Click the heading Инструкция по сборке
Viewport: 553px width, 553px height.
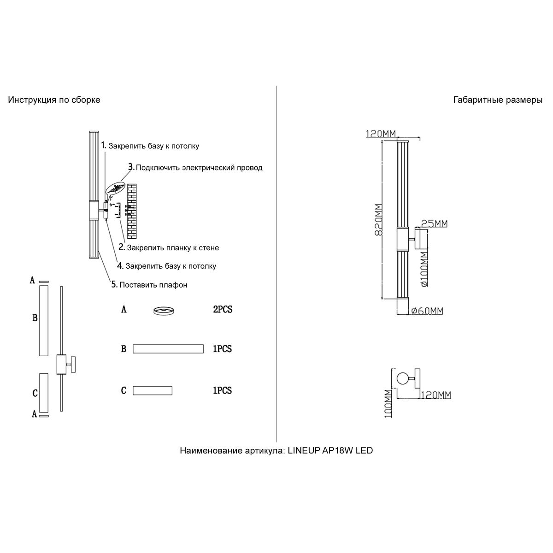coord(54,100)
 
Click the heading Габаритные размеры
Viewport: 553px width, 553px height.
coord(498,100)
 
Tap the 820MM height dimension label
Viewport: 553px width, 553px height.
coord(379,220)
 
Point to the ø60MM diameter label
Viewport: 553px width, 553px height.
coord(426,311)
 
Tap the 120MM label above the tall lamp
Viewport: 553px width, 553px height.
coord(381,134)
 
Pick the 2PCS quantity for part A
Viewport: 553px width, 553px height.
coord(222,310)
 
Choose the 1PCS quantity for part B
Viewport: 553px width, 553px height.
coord(222,349)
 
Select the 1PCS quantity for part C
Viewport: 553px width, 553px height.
coord(222,391)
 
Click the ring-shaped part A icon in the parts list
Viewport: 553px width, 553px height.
coord(164,311)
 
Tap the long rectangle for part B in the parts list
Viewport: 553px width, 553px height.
coord(168,349)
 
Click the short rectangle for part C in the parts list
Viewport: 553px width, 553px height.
coord(153,391)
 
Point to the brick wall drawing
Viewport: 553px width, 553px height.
coord(133,210)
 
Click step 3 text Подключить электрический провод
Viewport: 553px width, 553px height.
coord(199,168)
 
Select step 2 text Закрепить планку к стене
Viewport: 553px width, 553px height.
coord(172,248)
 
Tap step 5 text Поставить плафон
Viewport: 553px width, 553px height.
coord(153,285)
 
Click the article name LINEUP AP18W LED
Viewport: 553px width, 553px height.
coord(276,451)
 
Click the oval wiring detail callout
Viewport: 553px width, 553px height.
coord(116,188)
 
